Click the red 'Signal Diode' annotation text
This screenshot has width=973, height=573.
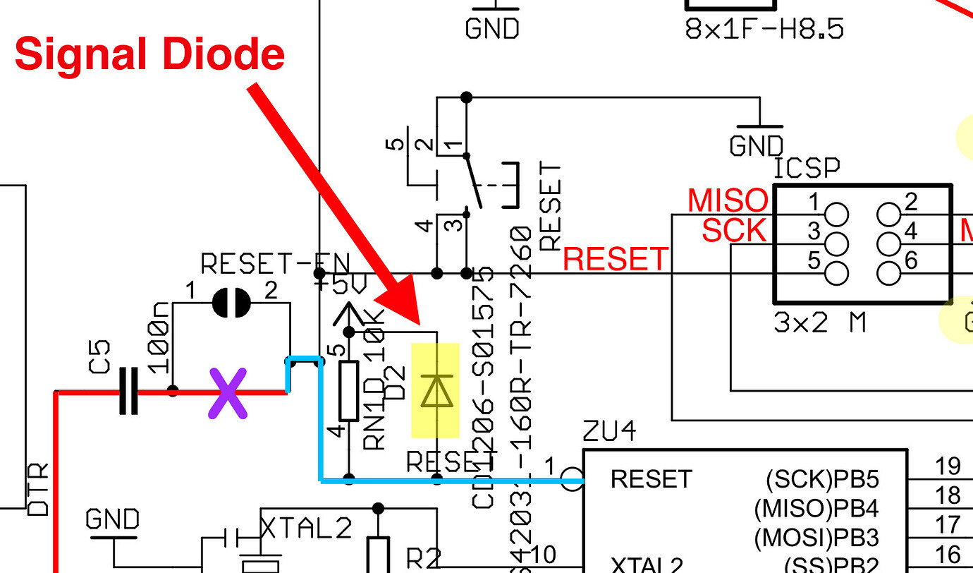(149, 54)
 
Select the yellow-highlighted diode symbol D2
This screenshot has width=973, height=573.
(435, 391)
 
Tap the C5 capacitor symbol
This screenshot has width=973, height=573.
(128, 390)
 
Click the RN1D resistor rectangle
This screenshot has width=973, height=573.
(349, 390)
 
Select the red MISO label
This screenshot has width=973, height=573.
(727, 200)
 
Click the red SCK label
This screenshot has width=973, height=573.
(733, 230)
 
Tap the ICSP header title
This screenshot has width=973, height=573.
(807, 169)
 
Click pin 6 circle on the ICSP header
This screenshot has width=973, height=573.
(889, 272)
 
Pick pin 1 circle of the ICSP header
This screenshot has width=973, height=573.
(836, 213)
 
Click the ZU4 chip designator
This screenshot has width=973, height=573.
(609, 431)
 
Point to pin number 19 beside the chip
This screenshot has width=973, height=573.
(948, 466)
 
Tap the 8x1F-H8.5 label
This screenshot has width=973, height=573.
(764, 29)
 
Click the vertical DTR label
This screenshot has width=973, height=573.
(39, 489)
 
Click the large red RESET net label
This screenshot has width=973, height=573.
(615, 259)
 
